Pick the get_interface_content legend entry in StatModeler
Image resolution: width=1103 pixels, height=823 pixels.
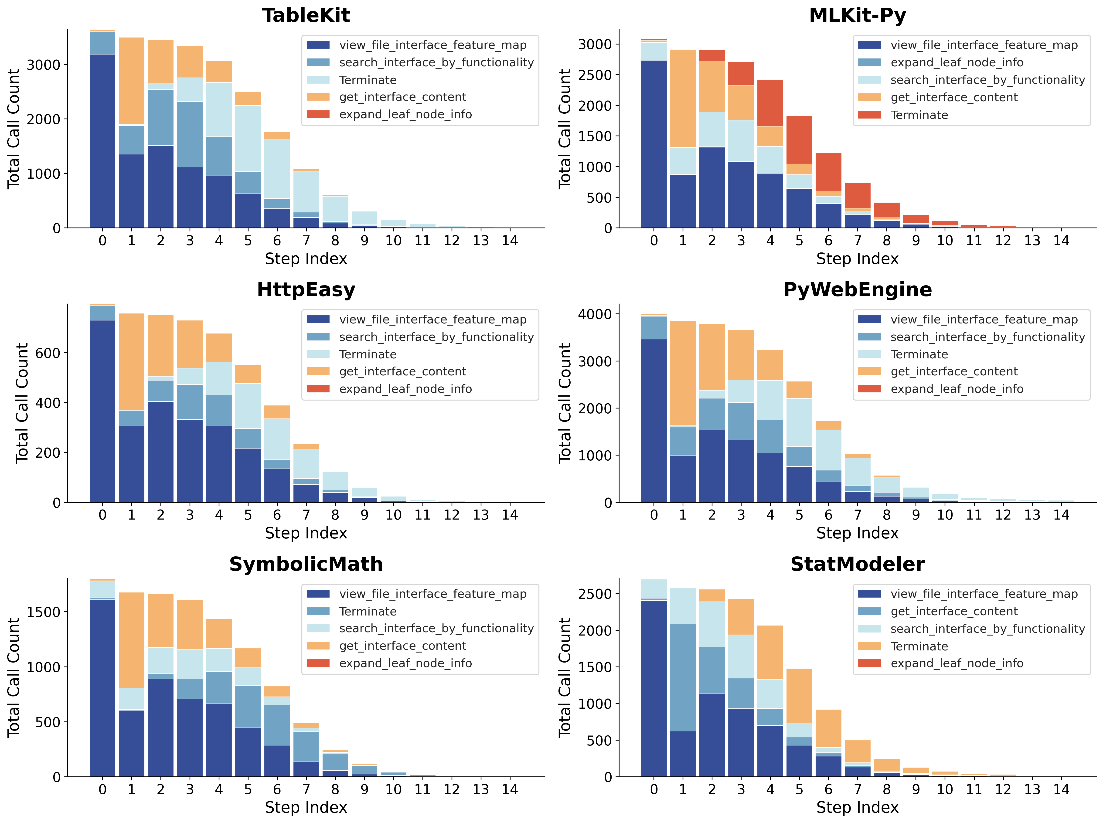pos(953,611)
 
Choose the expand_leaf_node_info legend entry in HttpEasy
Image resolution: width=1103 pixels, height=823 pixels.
pos(405,389)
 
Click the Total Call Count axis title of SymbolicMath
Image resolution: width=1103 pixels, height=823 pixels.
pos(14,677)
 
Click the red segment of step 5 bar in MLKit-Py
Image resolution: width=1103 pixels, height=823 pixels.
pos(799,139)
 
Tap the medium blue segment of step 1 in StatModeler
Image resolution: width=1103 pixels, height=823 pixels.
pos(683,677)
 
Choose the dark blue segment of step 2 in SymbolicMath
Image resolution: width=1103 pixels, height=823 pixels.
pos(160,727)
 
